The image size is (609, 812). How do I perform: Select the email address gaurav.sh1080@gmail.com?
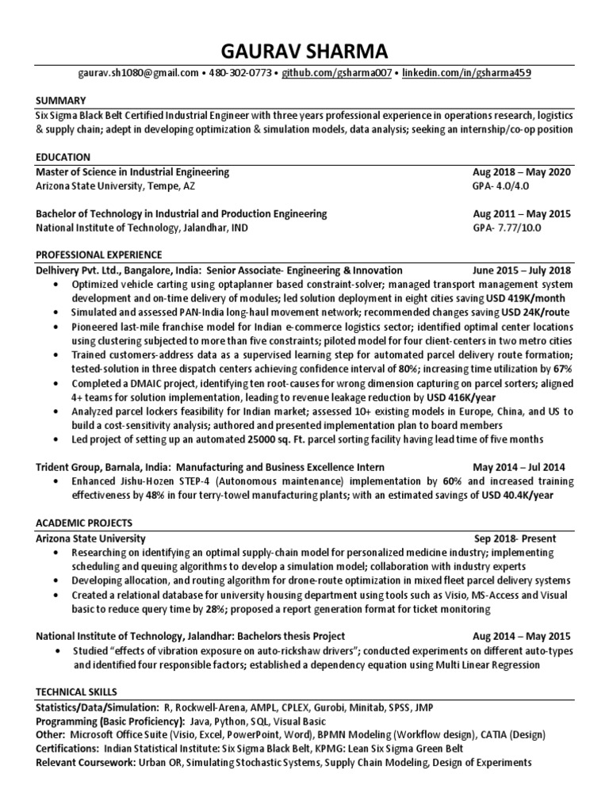pos(140,73)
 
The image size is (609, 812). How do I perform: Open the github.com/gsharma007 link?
pos(335,73)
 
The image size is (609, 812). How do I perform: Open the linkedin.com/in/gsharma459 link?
pos(466,73)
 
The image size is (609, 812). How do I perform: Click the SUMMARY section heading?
pos(59,101)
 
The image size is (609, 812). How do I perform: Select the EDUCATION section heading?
pos(63,157)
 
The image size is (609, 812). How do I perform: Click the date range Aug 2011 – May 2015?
pos(521,214)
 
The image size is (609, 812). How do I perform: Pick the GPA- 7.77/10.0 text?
pos(505,228)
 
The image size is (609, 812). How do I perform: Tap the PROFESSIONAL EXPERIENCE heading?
pos(99,255)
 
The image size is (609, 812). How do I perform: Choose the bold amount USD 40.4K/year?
pos(512,495)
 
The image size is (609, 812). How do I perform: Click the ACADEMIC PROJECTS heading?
pos(84,523)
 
